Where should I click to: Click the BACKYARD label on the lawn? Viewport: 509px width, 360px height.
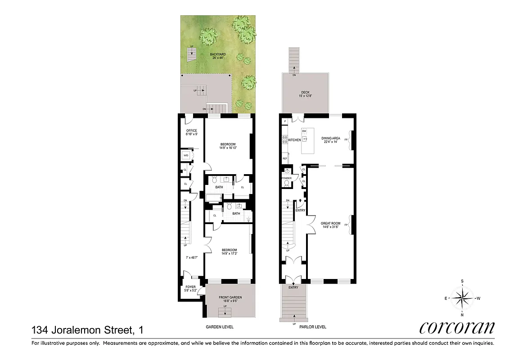218,54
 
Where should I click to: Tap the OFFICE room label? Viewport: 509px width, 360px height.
192,131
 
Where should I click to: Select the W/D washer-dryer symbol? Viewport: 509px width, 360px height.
185,155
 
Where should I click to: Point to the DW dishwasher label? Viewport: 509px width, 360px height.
304,131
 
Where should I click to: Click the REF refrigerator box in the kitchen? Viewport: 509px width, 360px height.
285,158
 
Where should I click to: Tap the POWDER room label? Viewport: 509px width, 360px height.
287,178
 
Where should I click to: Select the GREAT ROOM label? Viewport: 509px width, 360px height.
331,223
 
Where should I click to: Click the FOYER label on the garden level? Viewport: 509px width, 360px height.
191,287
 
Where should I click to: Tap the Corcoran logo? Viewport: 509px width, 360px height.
456,328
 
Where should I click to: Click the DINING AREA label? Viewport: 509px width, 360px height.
330,138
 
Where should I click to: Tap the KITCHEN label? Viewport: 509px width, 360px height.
294,140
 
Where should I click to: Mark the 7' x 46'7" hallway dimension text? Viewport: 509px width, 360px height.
193,258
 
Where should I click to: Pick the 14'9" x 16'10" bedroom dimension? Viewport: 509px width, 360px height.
229,148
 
